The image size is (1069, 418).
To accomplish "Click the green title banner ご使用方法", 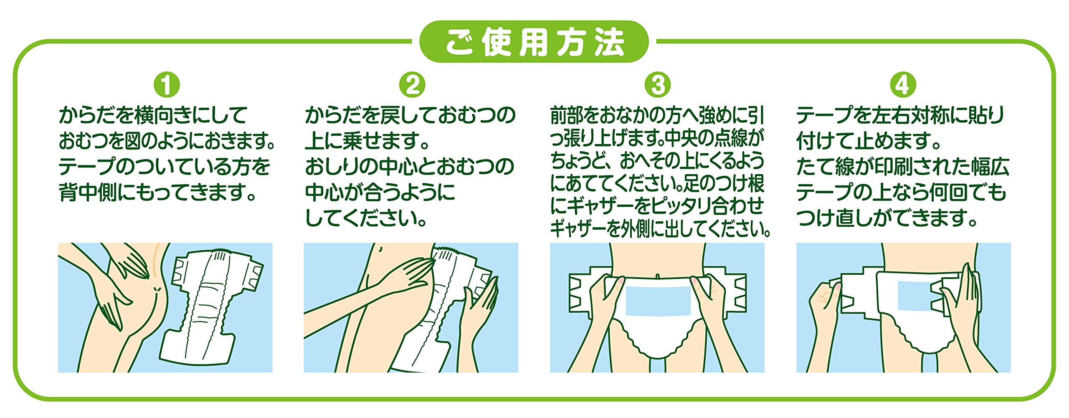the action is click(534, 42).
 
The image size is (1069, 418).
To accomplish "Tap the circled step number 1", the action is click(167, 85).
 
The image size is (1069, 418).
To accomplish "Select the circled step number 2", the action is click(412, 85).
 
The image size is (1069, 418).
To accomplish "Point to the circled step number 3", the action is click(658, 85).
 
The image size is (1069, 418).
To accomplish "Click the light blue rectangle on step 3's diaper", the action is click(658, 301).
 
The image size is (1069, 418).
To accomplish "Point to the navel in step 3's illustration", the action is click(658, 276).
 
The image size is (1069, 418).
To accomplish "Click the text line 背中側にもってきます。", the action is click(157, 192).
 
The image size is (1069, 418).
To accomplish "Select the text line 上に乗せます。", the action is click(367, 140).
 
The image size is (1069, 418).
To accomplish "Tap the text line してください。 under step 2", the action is click(366, 218).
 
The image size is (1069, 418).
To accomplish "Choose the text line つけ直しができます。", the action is click(887, 218).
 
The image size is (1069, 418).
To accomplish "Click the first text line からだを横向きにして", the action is click(153, 115).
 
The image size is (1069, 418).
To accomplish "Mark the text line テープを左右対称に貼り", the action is click(900, 115).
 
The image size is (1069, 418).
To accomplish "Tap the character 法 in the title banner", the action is click(610, 42).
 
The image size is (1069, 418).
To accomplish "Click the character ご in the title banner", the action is click(459, 42).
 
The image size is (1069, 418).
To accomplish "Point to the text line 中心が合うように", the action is click(380, 192).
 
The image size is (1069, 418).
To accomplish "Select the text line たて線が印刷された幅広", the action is click(903, 166).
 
